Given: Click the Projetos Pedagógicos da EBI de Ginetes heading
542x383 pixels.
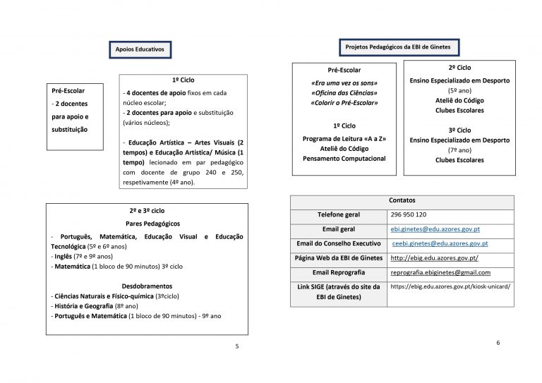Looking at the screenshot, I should [399, 47].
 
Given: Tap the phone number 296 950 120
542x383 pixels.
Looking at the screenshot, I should [407, 214].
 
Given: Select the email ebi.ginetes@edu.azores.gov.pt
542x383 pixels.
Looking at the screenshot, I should [435, 229].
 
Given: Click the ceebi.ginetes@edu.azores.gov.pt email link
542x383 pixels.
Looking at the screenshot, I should [440, 243].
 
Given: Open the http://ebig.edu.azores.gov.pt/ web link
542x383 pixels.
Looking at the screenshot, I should [434, 258].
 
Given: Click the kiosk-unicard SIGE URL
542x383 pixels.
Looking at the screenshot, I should [450, 286].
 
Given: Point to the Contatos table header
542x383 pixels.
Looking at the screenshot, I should [402, 200].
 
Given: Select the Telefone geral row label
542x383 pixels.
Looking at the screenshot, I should [339, 214].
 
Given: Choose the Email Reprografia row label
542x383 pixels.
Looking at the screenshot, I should [339, 272].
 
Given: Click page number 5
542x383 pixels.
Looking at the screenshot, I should [236, 346].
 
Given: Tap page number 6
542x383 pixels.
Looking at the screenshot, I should [498, 342].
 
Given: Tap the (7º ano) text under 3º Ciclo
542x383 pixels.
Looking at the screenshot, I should [459, 150].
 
